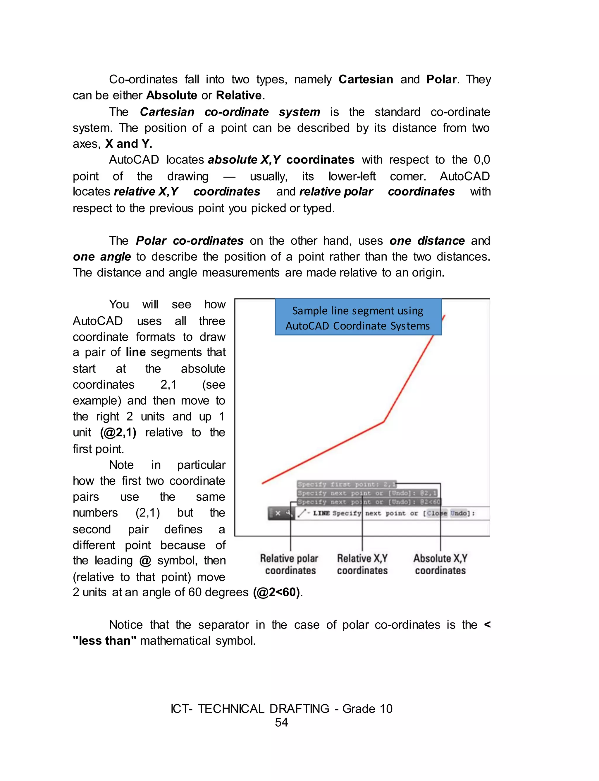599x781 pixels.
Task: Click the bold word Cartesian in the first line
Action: [366, 79]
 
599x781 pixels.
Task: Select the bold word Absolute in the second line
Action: [171, 95]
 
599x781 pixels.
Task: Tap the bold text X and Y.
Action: [128, 144]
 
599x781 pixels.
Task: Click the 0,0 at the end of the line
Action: [481, 160]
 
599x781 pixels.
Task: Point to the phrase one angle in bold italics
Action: [102, 257]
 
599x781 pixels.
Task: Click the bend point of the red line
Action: [384, 422]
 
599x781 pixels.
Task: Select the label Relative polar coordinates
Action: [290, 564]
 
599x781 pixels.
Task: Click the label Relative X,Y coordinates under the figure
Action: [362, 564]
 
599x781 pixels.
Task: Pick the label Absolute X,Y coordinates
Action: [440, 564]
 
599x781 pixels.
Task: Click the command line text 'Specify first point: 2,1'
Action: [346, 484]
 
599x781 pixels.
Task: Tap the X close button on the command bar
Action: [278, 513]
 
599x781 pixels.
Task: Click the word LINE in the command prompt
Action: [321, 513]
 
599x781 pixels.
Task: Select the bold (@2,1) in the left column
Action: [118, 432]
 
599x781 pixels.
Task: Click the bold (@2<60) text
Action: [277, 592]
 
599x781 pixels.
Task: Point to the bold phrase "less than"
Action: [104, 641]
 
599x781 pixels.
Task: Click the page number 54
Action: [281, 722]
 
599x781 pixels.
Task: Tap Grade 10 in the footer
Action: [367, 709]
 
